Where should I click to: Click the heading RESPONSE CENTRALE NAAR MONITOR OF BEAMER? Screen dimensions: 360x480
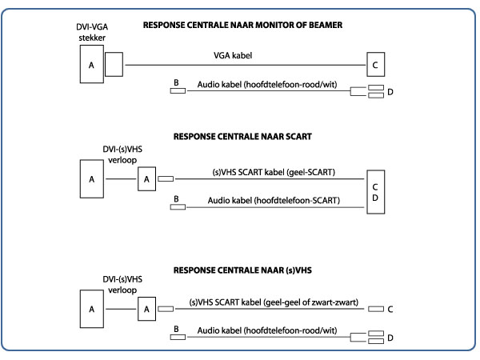[242, 26]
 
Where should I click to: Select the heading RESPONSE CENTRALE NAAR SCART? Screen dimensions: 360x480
[242, 137]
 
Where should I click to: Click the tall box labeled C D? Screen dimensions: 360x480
[374, 192]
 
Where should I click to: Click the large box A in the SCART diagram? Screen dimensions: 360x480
[91, 179]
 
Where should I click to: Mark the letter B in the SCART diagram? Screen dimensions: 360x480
[174, 198]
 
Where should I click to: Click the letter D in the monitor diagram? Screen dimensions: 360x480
[390, 93]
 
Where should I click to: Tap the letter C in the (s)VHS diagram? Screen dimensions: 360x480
[390, 309]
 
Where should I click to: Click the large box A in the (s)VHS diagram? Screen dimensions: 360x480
[91, 309]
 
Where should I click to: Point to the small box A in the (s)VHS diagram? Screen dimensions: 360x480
[146, 309]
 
